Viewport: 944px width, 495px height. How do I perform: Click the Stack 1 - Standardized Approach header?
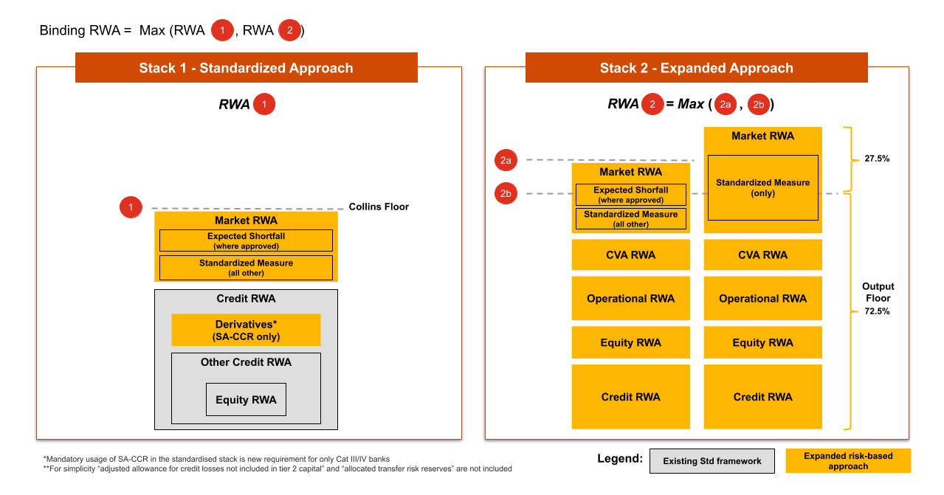246,68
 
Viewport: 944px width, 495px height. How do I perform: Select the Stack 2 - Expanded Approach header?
696,68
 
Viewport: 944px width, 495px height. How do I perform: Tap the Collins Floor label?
379,207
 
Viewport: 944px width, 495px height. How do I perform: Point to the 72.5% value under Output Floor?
878,311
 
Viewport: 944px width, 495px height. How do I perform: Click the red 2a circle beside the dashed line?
506,160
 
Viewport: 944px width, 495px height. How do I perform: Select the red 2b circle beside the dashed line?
506,194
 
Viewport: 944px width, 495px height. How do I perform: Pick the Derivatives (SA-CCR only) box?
246,330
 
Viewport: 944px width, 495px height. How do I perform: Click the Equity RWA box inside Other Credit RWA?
246,400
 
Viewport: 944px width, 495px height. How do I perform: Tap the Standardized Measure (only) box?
762,187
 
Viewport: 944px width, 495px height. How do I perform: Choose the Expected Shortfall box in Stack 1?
246,240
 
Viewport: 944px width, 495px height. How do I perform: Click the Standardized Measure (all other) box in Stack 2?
630,219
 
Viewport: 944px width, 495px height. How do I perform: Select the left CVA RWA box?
630,255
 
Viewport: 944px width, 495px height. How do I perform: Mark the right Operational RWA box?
762,299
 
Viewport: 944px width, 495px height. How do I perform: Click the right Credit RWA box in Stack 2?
762,397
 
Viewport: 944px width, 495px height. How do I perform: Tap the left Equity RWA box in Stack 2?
630,342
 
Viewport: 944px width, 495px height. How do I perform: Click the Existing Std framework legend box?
712,461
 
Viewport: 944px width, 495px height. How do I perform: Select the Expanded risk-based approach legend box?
848,461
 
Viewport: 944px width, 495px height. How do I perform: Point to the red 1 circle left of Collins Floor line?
131,208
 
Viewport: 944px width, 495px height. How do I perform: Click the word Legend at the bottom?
619,459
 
